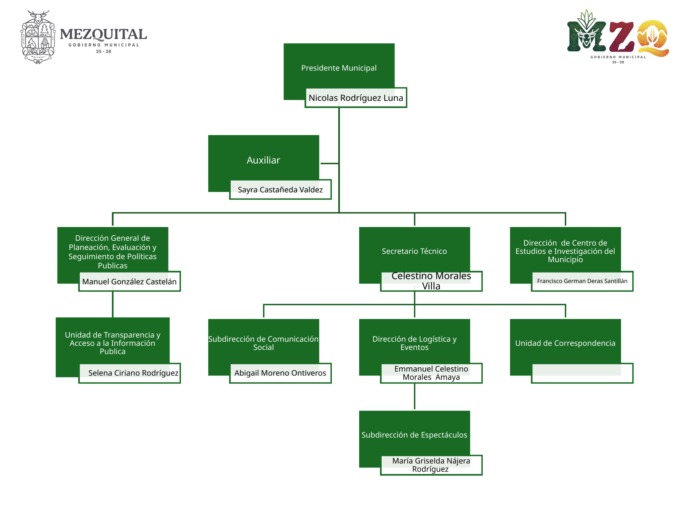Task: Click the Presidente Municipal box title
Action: (339, 68)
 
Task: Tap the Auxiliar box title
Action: (263, 160)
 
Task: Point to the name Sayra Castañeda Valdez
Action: (280, 189)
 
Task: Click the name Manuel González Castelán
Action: (129, 281)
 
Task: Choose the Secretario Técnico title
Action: (414, 251)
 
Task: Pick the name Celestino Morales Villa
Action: (431, 281)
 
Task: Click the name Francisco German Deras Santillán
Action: (582, 281)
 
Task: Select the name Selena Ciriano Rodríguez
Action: (133, 373)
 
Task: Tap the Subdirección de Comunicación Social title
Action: (263, 343)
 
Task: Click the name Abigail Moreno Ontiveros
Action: (280, 373)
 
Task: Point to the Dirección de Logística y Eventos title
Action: (414, 343)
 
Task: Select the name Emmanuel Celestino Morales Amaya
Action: (431, 373)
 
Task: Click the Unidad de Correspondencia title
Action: (565, 343)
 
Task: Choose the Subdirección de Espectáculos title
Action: (414, 435)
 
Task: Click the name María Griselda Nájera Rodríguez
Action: (431, 465)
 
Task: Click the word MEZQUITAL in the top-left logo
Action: (103, 34)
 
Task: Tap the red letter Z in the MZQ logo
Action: (621, 37)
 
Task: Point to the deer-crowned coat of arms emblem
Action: (38, 37)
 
